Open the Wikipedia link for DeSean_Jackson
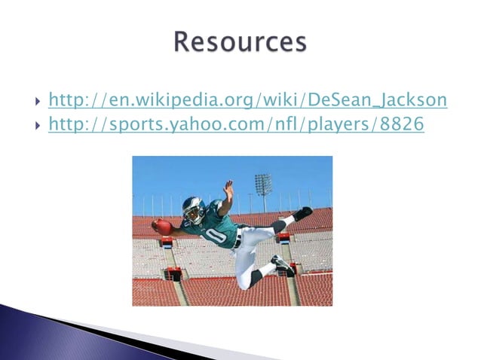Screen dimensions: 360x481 coord(247,99)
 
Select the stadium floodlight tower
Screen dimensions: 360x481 coord(262,184)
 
